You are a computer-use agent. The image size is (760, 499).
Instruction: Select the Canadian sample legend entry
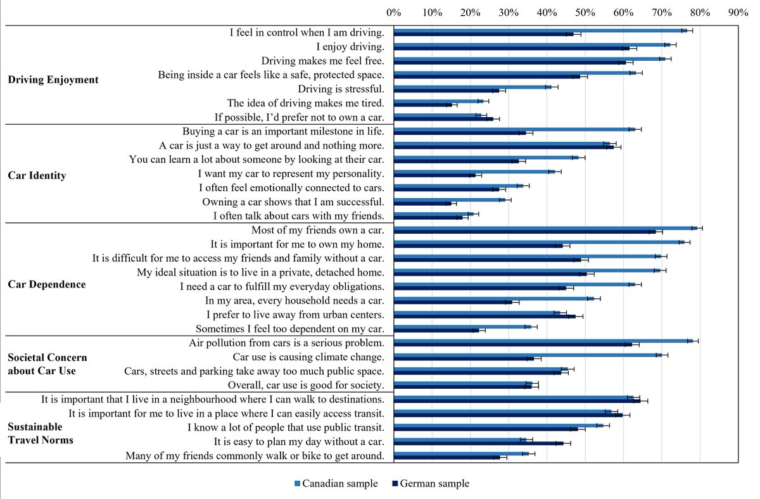[336, 484]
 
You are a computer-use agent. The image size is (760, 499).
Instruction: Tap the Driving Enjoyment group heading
[53, 80]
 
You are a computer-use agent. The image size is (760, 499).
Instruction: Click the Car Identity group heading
[37, 175]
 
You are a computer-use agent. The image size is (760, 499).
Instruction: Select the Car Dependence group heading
[47, 284]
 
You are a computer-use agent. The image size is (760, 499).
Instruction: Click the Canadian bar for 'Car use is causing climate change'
[528, 355]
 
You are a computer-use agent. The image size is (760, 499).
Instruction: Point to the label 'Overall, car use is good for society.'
[306, 385]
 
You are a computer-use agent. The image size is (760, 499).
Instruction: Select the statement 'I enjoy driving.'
[350, 46]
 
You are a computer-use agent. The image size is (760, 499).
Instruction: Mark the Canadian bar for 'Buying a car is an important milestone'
[514, 129]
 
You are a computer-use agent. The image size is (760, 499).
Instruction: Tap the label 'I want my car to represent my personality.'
[291, 174]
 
